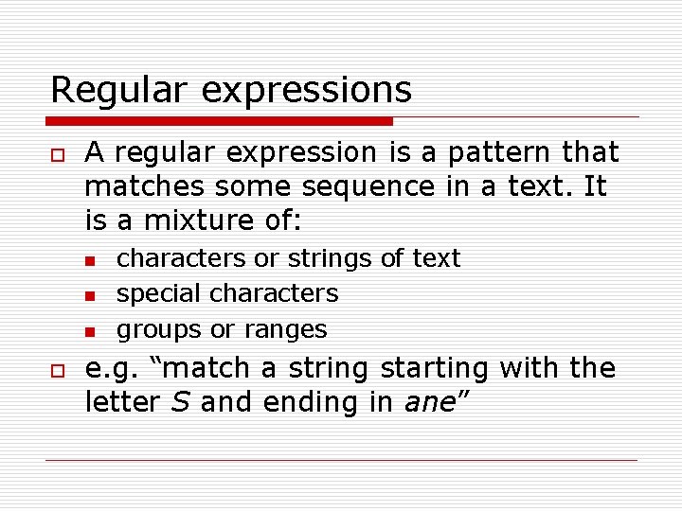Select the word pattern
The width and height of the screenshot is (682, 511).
coord(485,153)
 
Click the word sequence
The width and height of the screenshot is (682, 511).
coord(367,188)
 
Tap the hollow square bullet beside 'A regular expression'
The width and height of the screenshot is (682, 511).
coord(57,153)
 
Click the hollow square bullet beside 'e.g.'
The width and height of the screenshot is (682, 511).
coord(57,369)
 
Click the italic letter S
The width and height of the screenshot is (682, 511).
coord(181,402)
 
